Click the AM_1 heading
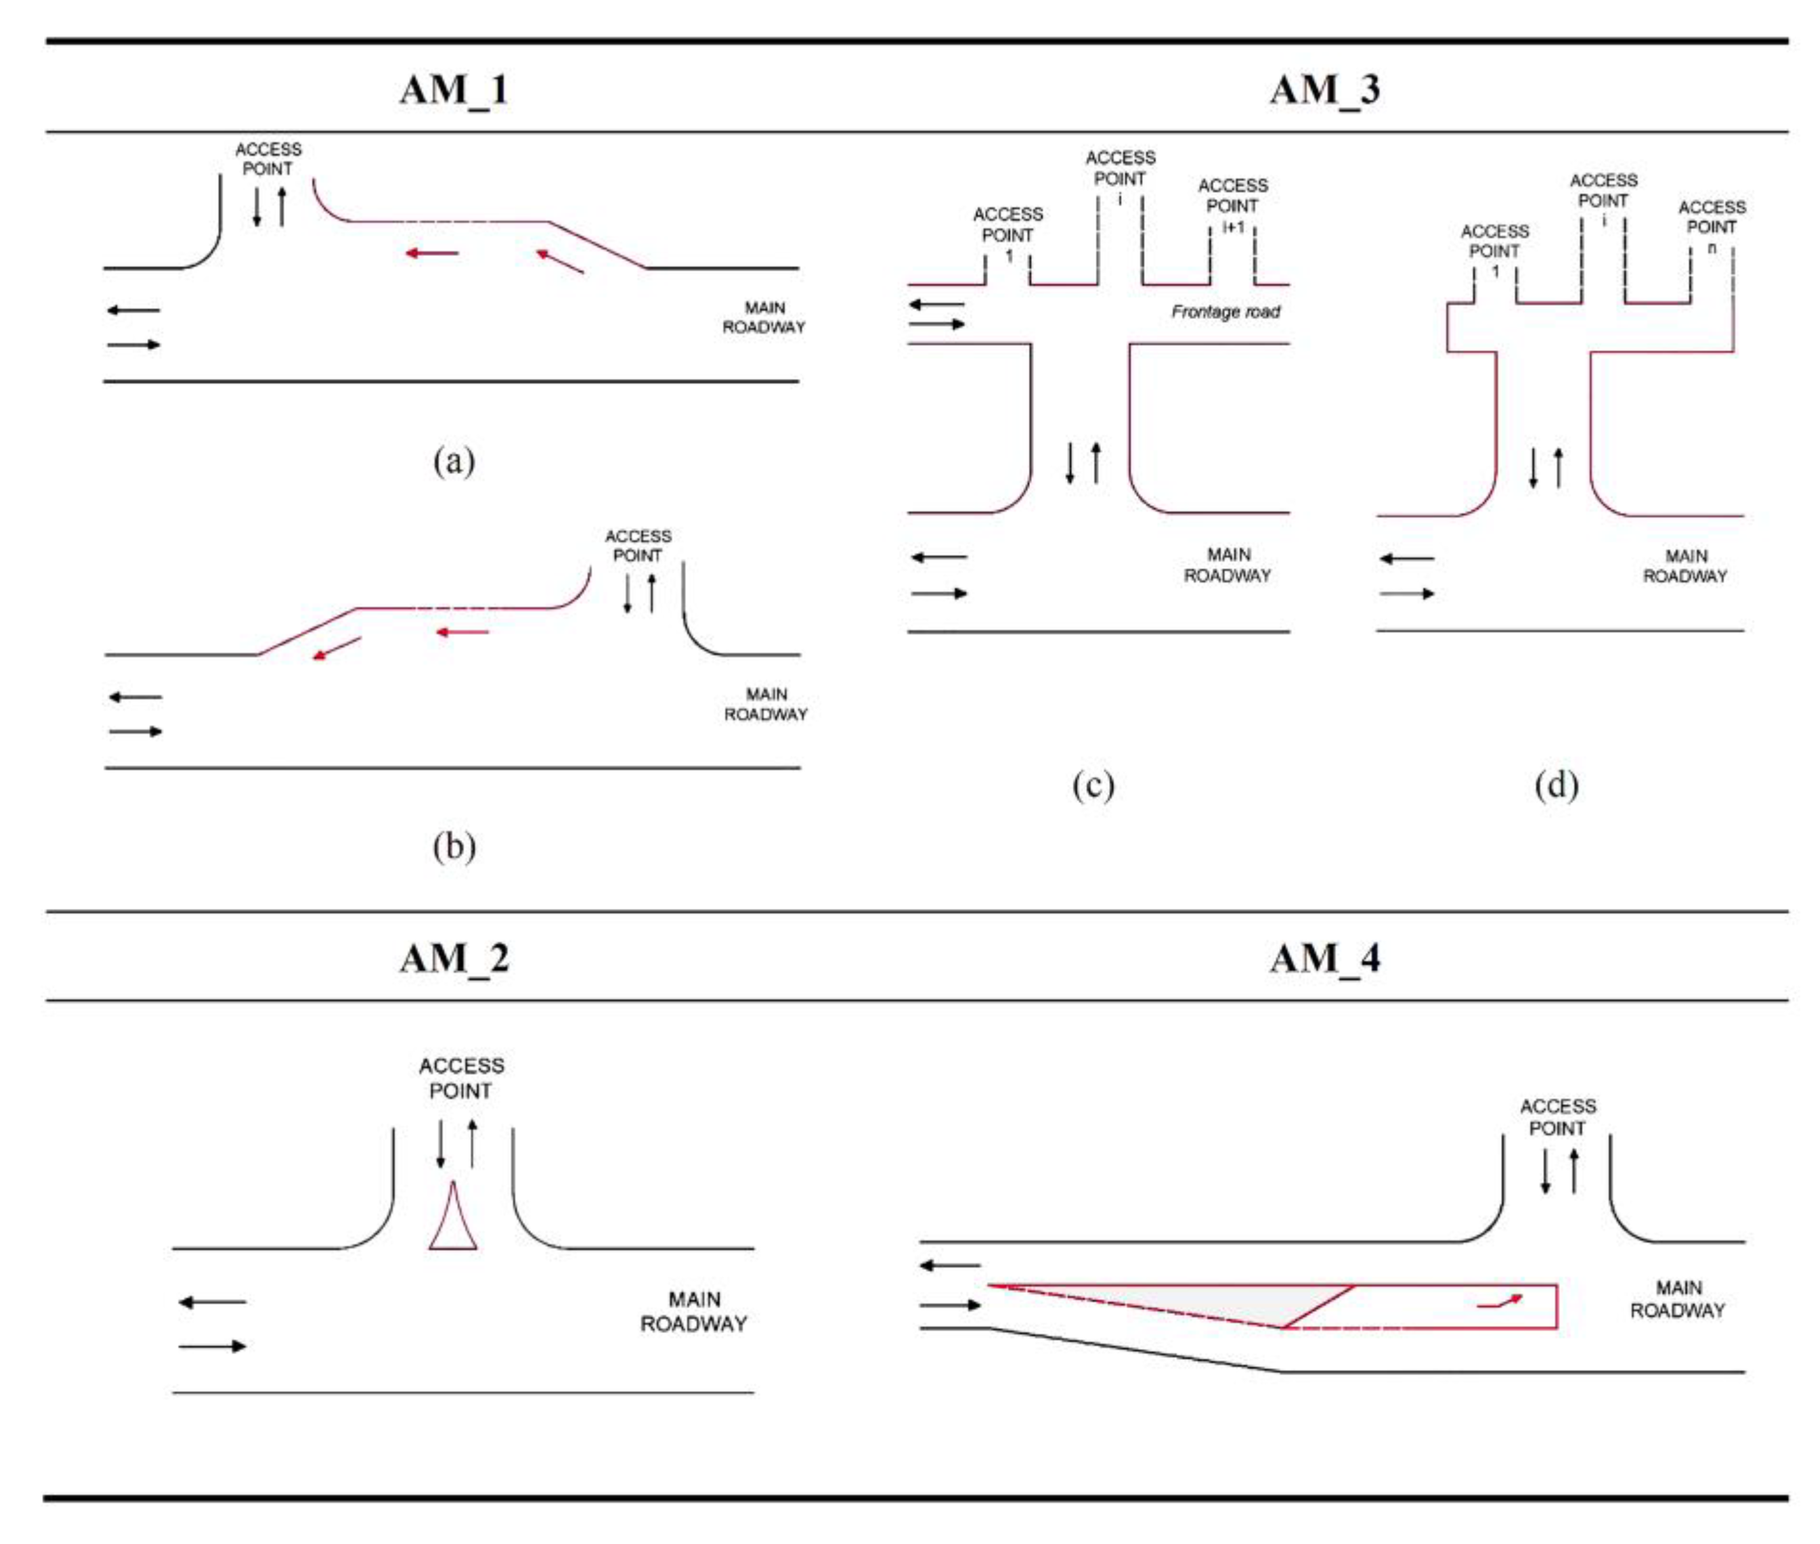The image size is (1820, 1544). tap(454, 89)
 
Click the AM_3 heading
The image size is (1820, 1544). tap(1324, 89)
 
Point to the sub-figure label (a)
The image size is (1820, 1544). tap(454, 461)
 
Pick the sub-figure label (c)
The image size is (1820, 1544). tap(1093, 784)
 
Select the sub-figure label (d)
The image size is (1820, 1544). tap(1556, 784)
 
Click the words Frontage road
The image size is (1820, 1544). tap(1225, 311)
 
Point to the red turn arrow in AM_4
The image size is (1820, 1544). tap(1499, 1301)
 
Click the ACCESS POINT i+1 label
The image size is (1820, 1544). tap(1232, 206)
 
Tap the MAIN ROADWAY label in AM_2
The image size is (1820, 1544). tap(693, 1311)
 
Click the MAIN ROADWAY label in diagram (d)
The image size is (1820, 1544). tap(1684, 566)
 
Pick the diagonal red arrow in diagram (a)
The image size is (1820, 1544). tap(559, 261)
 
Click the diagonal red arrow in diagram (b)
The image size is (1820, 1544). tap(337, 648)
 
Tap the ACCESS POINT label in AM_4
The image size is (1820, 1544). tap(1558, 1117)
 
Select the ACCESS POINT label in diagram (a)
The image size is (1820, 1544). tap(268, 159)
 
